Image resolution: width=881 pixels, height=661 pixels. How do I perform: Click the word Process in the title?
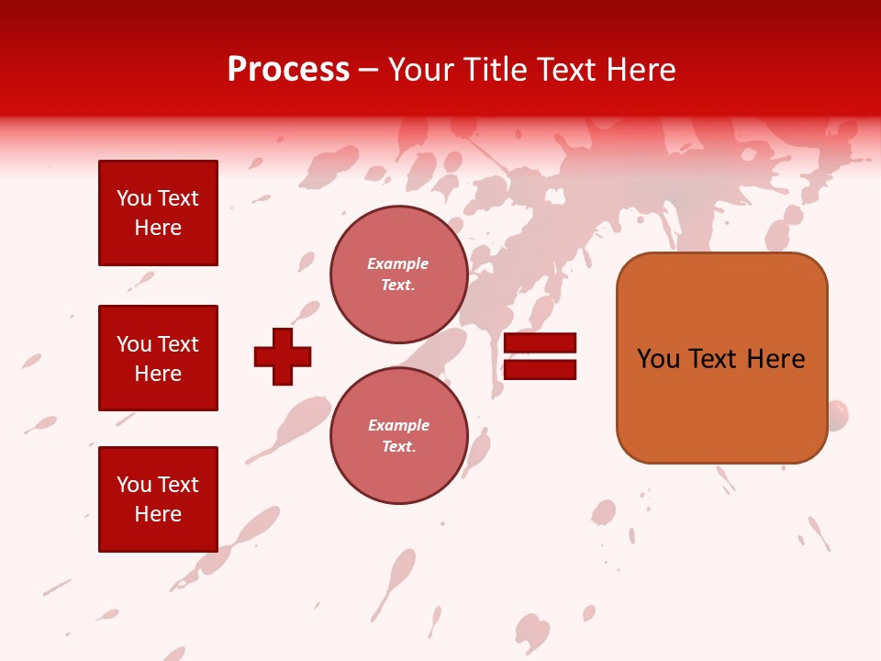click(x=288, y=70)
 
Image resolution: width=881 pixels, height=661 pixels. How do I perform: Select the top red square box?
click(x=158, y=213)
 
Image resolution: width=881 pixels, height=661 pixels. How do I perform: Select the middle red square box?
click(x=158, y=358)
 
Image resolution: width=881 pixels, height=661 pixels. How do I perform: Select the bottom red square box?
click(x=158, y=499)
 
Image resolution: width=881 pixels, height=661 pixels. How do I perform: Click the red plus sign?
click(x=283, y=356)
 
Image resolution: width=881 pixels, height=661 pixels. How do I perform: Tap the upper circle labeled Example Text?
click(x=398, y=274)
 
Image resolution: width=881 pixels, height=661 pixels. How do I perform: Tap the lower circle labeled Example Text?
click(x=398, y=435)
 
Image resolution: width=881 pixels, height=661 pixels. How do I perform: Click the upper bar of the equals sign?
click(x=541, y=343)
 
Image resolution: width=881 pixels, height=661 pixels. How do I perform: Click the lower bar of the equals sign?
click(x=541, y=369)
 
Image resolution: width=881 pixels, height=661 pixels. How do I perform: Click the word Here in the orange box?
click(x=775, y=359)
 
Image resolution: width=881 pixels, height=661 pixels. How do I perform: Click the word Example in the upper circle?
click(x=398, y=263)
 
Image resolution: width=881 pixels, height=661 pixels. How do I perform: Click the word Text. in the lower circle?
click(x=398, y=446)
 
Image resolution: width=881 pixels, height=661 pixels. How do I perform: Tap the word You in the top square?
click(x=134, y=198)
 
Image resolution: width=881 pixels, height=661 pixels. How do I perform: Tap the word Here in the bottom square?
click(x=158, y=514)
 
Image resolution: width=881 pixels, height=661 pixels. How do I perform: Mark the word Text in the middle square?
click(x=178, y=344)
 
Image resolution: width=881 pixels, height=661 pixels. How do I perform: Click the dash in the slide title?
click(x=369, y=71)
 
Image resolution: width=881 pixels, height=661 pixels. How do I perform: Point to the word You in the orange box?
click(x=658, y=359)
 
